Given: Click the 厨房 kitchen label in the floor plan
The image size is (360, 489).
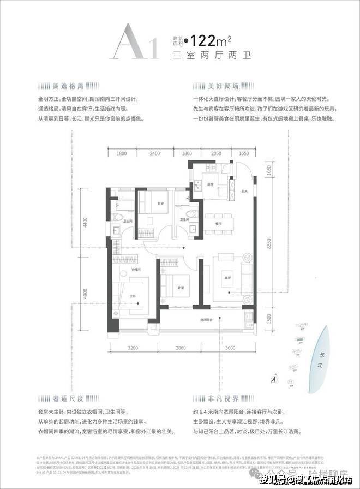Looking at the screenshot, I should click(x=210, y=184).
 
